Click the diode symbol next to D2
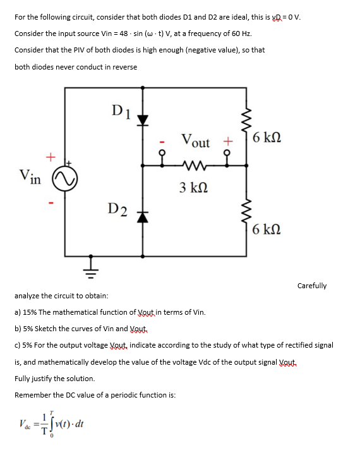pyautogui.click(x=143, y=216)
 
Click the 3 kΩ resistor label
pyautogui.click(x=190, y=188)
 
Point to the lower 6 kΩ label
pyautogui.click(x=268, y=229)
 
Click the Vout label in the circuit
pyautogui.click(x=195, y=141)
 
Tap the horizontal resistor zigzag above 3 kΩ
pyautogui.click(x=190, y=167)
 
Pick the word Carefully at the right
pyautogui.click(x=311, y=286)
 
